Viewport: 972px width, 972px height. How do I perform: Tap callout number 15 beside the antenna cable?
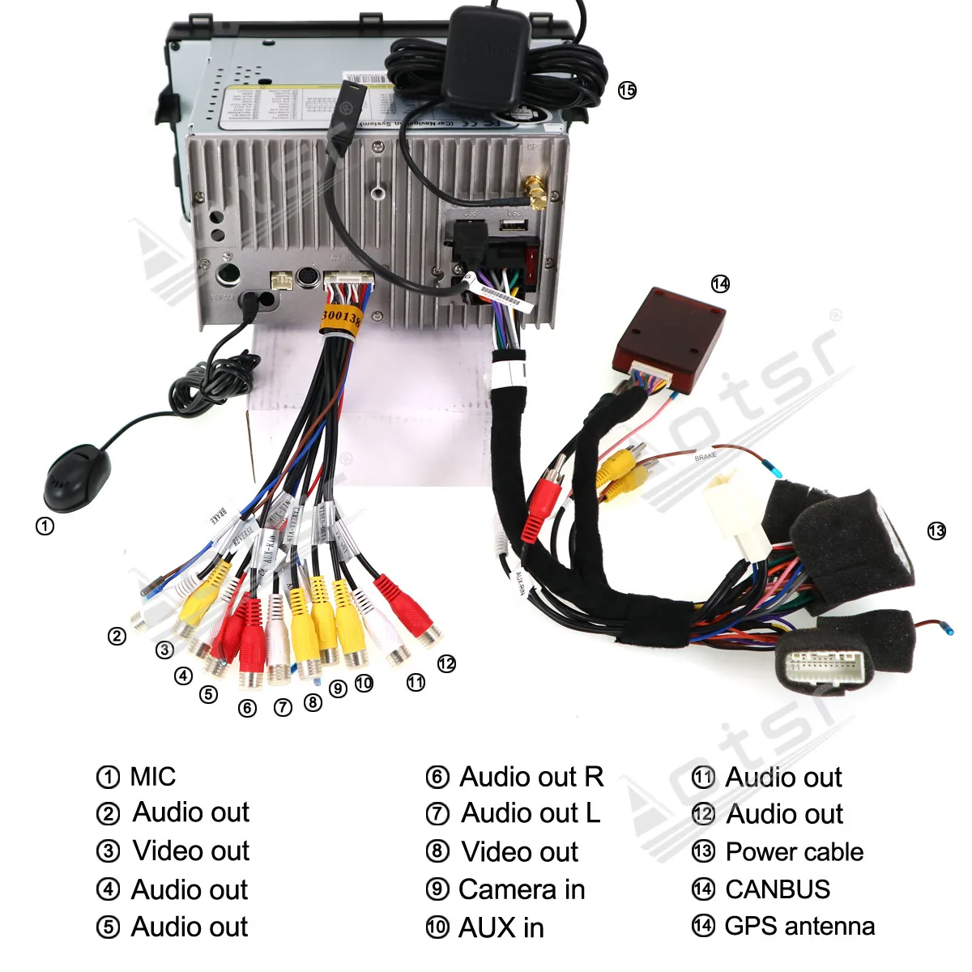pyautogui.click(x=627, y=90)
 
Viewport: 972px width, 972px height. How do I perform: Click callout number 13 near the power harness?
pyautogui.click(x=936, y=531)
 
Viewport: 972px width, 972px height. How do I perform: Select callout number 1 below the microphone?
pyautogui.click(x=45, y=526)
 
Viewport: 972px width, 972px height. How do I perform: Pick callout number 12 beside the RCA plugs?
pyautogui.click(x=446, y=663)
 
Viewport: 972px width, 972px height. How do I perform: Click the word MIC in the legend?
pyautogui.click(x=152, y=776)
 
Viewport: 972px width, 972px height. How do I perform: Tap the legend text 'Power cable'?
pyautogui.click(x=794, y=851)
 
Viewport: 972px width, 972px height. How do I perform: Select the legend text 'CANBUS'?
pyautogui.click(x=778, y=889)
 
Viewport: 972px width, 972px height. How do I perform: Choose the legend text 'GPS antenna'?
pyautogui.click(x=799, y=926)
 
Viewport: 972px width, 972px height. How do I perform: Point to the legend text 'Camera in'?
pyautogui.click(x=522, y=889)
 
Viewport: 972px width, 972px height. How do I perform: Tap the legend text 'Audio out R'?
pyautogui.click(x=531, y=776)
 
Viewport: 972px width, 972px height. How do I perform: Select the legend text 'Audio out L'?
pyautogui.click(x=531, y=812)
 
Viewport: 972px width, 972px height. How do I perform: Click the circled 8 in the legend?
pyautogui.click(x=437, y=851)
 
